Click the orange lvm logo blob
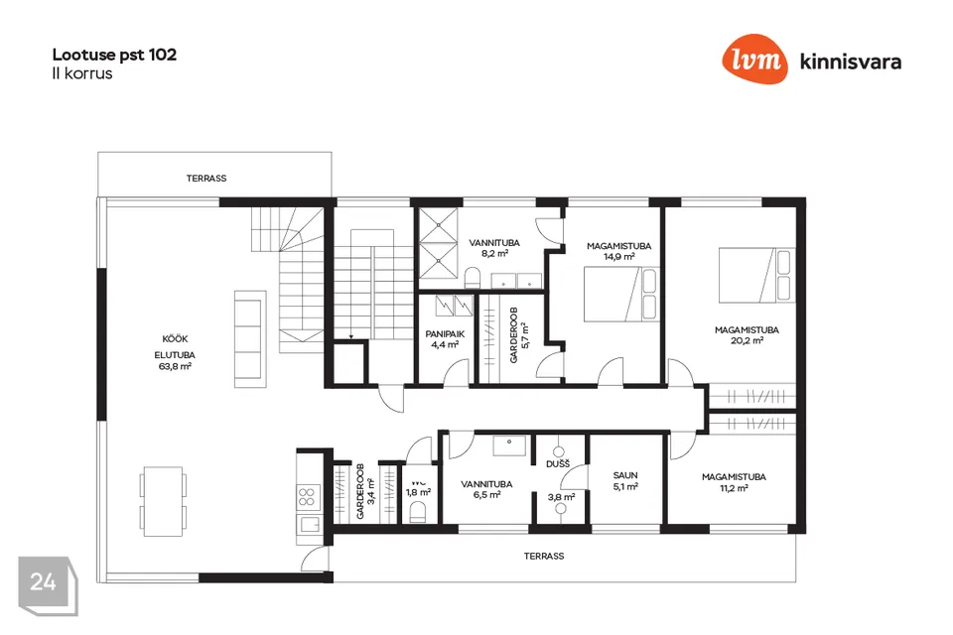click(754, 59)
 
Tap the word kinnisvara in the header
click(851, 62)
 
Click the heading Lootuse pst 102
click(114, 55)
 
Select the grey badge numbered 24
click(48, 585)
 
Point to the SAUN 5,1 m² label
click(625, 480)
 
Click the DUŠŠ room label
click(558, 464)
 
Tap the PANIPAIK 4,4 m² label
click(445, 339)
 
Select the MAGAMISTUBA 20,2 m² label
click(747, 335)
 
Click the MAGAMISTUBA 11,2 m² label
click(734, 482)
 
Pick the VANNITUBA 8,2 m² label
click(494, 248)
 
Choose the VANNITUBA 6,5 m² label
click(486, 489)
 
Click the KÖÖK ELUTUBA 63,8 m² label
click(175, 352)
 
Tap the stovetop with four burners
click(307, 496)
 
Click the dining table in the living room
click(164, 501)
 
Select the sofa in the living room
click(250, 339)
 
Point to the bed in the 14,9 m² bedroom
click(620, 294)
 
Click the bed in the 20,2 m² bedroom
click(756, 275)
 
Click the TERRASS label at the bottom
click(544, 556)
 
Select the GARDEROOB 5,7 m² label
click(519, 334)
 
